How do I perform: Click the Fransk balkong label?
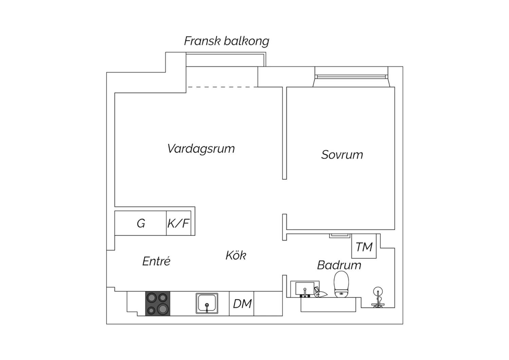tap(227, 41)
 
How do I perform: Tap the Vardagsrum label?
tap(201, 149)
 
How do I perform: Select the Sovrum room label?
tap(342, 155)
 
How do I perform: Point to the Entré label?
tap(156, 261)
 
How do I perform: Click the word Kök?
tap(236, 255)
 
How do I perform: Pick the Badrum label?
tap(339, 265)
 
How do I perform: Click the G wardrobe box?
tap(140, 223)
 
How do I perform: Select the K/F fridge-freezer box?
tap(178, 223)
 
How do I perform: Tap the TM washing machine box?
tap(364, 246)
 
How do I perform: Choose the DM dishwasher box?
tap(242, 304)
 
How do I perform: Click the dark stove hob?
tap(158, 304)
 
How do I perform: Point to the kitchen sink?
tap(207, 303)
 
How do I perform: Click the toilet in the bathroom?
tap(341, 284)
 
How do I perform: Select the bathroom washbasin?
tap(305, 289)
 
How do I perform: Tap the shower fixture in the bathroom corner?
tap(378, 297)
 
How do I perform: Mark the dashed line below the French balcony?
tap(222, 87)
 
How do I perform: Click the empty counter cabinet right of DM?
tap(268, 304)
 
